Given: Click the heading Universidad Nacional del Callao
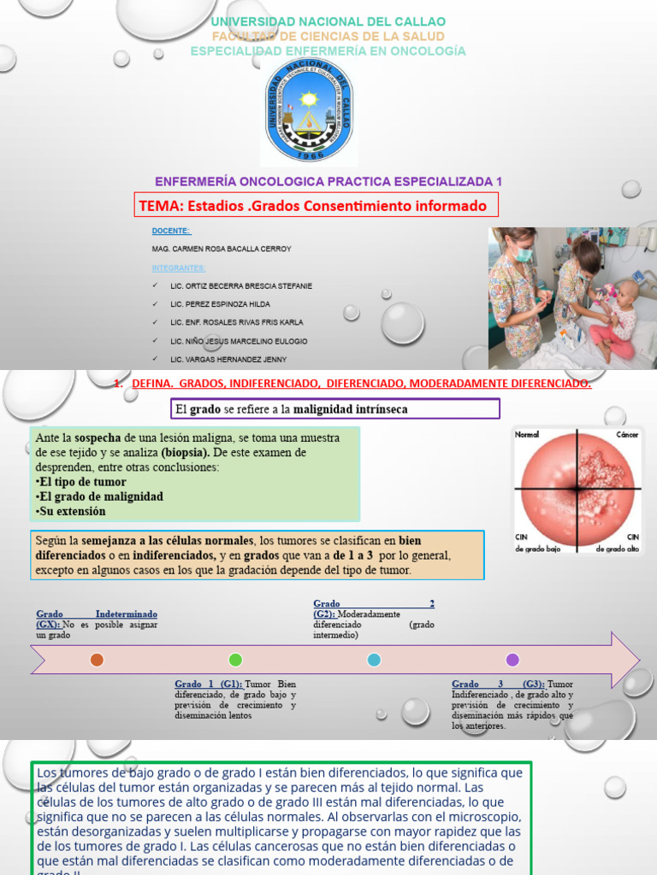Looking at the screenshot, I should [328, 21].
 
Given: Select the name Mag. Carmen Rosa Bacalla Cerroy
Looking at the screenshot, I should [221, 249].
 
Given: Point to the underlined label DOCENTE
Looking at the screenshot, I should [171, 231].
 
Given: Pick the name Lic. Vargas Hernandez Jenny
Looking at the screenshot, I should [228, 359].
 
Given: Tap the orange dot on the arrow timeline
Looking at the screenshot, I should [97, 660].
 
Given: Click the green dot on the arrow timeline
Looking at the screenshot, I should [235, 660].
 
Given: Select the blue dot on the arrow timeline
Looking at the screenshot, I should [374, 660].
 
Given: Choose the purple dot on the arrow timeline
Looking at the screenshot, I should [512, 660].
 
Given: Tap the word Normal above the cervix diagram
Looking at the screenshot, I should [527, 435].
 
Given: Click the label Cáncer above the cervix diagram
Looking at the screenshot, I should [627, 435].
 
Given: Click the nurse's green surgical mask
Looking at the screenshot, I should [524, 254].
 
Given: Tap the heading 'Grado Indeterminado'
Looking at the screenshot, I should [97, 614].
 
